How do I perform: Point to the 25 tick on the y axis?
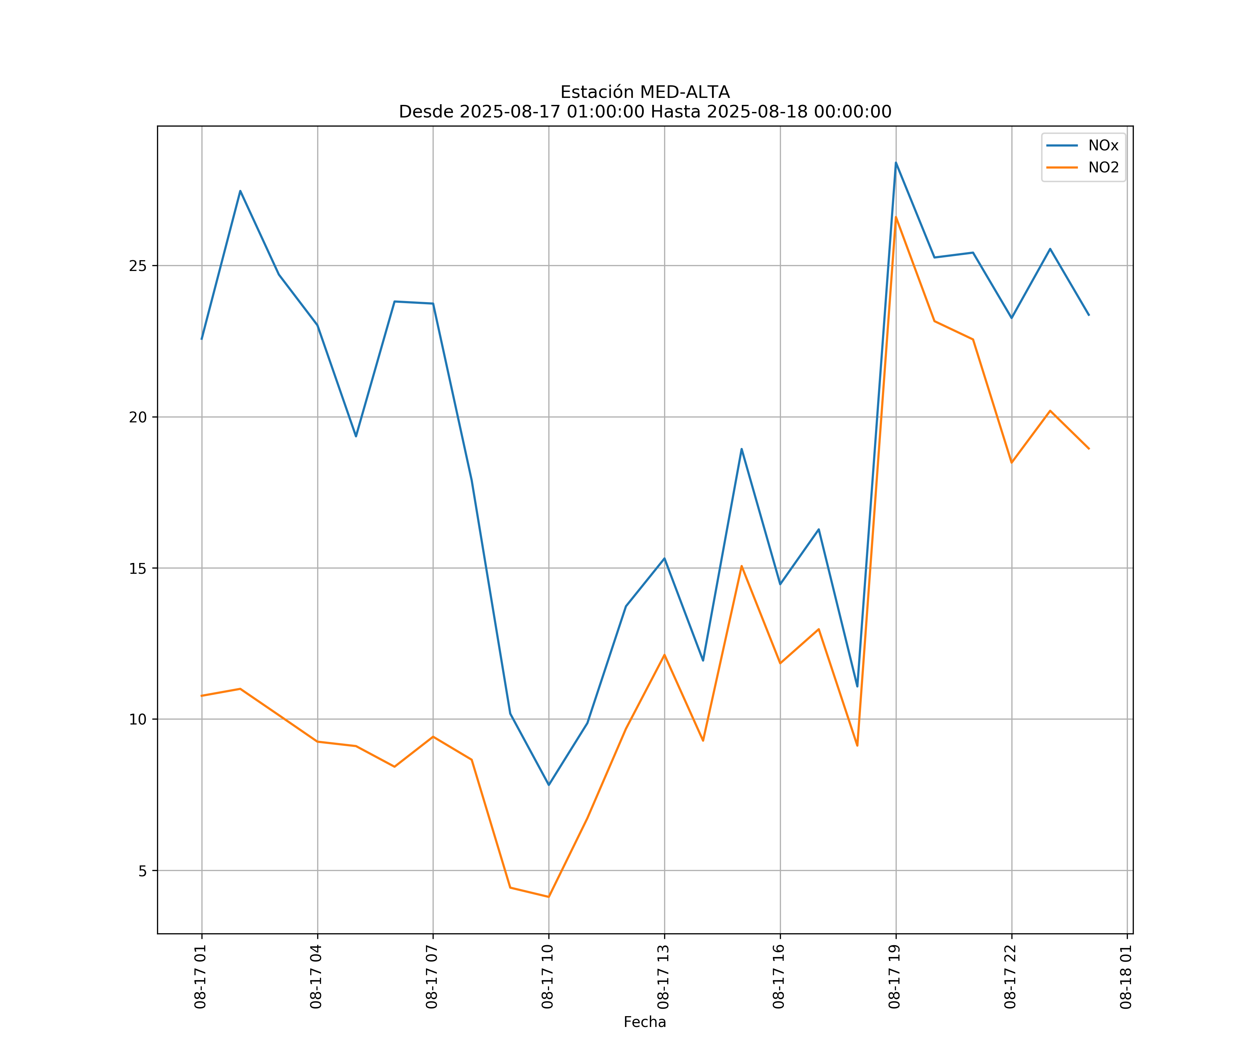pyautogui.click(x=138, y=265)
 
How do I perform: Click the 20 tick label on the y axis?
pyautogui.click(x=138, y=417)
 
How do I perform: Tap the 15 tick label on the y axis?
pyautogui.click(x=138, y=568)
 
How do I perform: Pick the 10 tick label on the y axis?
pyautogui.click(x=138, y=719)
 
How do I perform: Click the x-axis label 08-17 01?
pyautogui.click(x=201, y=977)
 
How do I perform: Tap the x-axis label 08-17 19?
pyautogui.click(x=895, y=977)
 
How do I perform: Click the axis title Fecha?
pyautogui.click(x=645, y=1022)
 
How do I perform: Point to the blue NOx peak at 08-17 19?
pyautogui.click(x=896, y=163)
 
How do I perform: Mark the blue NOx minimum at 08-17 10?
pyautogui.click(x=549, y=785)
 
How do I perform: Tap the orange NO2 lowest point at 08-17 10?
pyautogui.click(x=549, y=897)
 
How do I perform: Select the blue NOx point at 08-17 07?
pyautogui.click(x=433, y=303)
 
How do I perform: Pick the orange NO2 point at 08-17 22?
pyautogui.click(x=1011, y=463)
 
